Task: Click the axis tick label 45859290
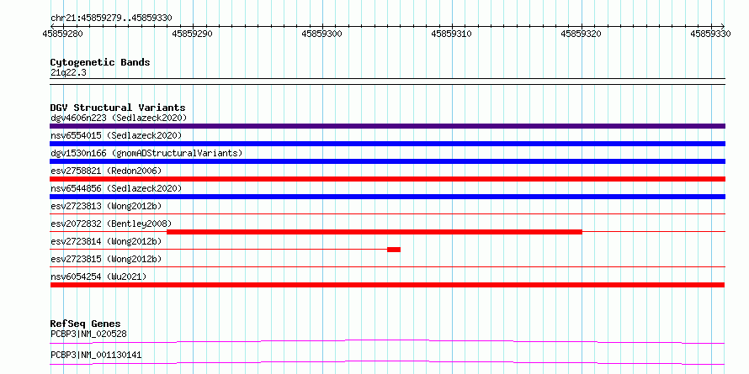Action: (193, 34)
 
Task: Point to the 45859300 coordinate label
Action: (322, 34)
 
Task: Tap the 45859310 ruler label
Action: (452, 34)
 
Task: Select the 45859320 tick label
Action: (582, 34)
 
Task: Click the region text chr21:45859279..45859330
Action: (111, 18)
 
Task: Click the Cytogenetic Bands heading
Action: (100, 62)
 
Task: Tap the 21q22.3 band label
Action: (68, 73)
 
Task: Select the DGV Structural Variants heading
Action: (118, 108)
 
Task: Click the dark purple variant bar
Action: (388, 126)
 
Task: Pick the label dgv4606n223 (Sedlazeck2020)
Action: (119, 118)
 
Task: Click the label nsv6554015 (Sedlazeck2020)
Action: (116, 135)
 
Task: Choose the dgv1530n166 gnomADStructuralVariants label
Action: (146, 153)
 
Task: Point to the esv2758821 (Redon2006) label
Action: (106, 171)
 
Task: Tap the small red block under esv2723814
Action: (394, 250)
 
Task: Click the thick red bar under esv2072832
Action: (374, 232)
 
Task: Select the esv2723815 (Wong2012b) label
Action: (106, 259)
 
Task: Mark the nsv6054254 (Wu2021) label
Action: (98, 277)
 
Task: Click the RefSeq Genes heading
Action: (86, 324)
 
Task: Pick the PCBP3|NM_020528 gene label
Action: (88, 334)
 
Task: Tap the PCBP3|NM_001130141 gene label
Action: (96, 356)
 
